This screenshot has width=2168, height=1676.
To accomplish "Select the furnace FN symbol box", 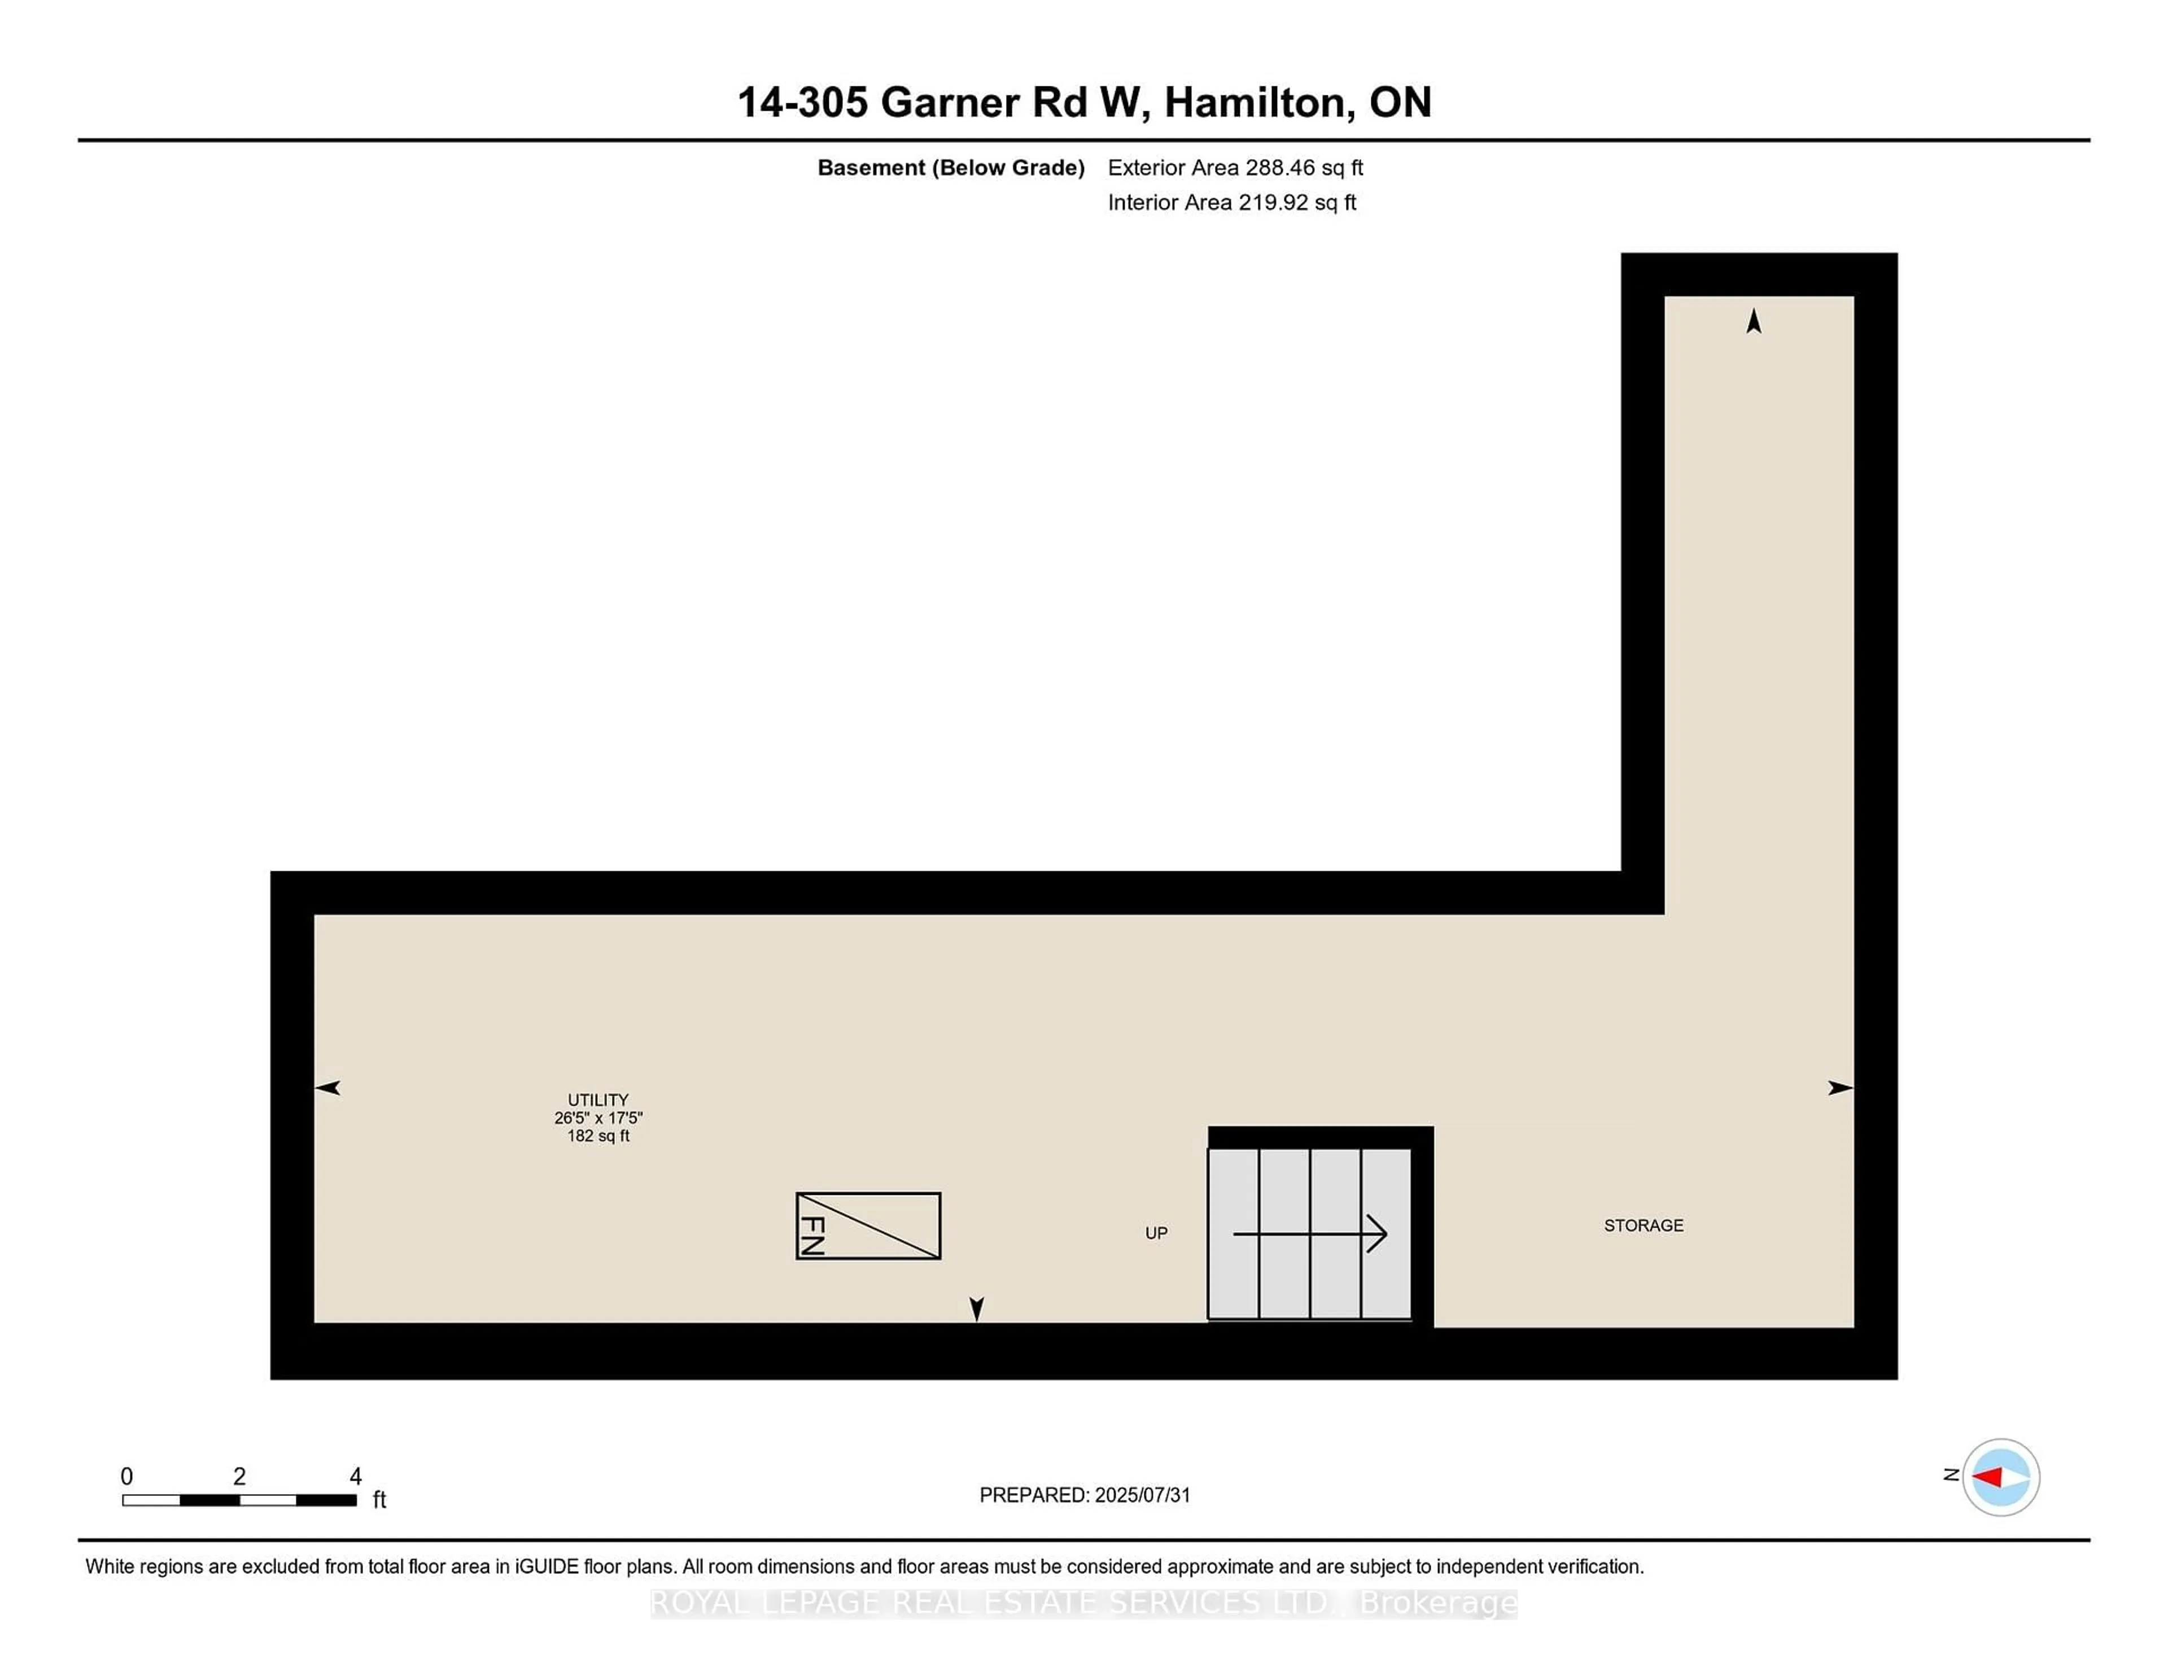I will click(868, 1225).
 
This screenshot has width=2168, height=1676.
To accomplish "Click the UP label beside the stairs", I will click(1156, 1233).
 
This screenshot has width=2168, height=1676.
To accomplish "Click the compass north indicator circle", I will click(2000, 1477).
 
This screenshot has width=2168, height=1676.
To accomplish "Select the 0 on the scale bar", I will click(126, 1477).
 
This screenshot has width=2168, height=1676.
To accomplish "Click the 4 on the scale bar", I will click(355, 1477).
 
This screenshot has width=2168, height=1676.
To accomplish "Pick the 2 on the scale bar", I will click(239, 1477).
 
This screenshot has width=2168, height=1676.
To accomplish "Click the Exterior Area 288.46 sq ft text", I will click(1235, 168).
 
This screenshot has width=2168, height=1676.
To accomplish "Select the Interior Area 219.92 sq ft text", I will click(1231, 203).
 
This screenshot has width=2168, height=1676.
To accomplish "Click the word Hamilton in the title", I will click(1258, 102).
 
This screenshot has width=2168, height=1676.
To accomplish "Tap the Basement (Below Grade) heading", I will click(950, 168).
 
